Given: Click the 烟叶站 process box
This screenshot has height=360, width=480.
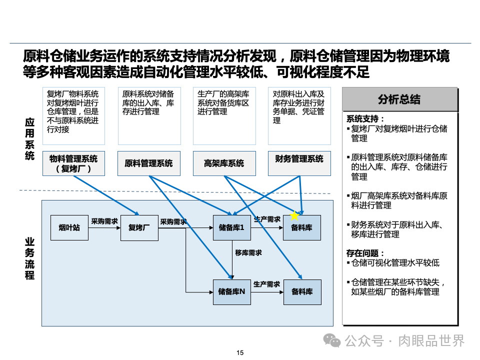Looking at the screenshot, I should [69, 228].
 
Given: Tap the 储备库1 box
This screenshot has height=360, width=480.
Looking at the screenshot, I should [231, 228].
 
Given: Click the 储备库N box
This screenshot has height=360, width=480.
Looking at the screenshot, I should [231, 292].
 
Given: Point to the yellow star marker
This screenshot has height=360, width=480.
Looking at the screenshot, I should [294, 216].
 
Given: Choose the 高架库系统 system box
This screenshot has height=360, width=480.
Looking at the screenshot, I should [224, 163].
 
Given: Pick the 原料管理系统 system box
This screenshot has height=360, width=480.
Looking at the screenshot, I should [148, 163].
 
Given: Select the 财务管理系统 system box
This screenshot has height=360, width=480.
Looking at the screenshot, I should [299, 159].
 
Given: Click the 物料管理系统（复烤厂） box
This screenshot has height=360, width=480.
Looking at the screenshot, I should [73, 163].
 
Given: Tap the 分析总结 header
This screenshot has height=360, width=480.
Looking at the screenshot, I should [399, 99].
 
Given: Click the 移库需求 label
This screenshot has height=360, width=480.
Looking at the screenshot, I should [248, 253].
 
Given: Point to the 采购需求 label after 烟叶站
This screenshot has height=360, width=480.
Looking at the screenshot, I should [104, 220].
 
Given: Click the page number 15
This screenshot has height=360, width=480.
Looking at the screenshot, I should [240, 353].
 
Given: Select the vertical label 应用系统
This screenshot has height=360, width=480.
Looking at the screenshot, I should [29, 139].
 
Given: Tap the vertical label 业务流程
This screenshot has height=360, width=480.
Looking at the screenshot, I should [29, 258].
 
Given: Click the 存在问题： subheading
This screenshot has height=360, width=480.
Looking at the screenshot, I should [366, 253].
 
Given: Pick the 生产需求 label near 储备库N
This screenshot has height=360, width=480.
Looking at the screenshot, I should [266, 284].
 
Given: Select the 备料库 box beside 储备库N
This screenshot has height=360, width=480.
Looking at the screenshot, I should [302, 292].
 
